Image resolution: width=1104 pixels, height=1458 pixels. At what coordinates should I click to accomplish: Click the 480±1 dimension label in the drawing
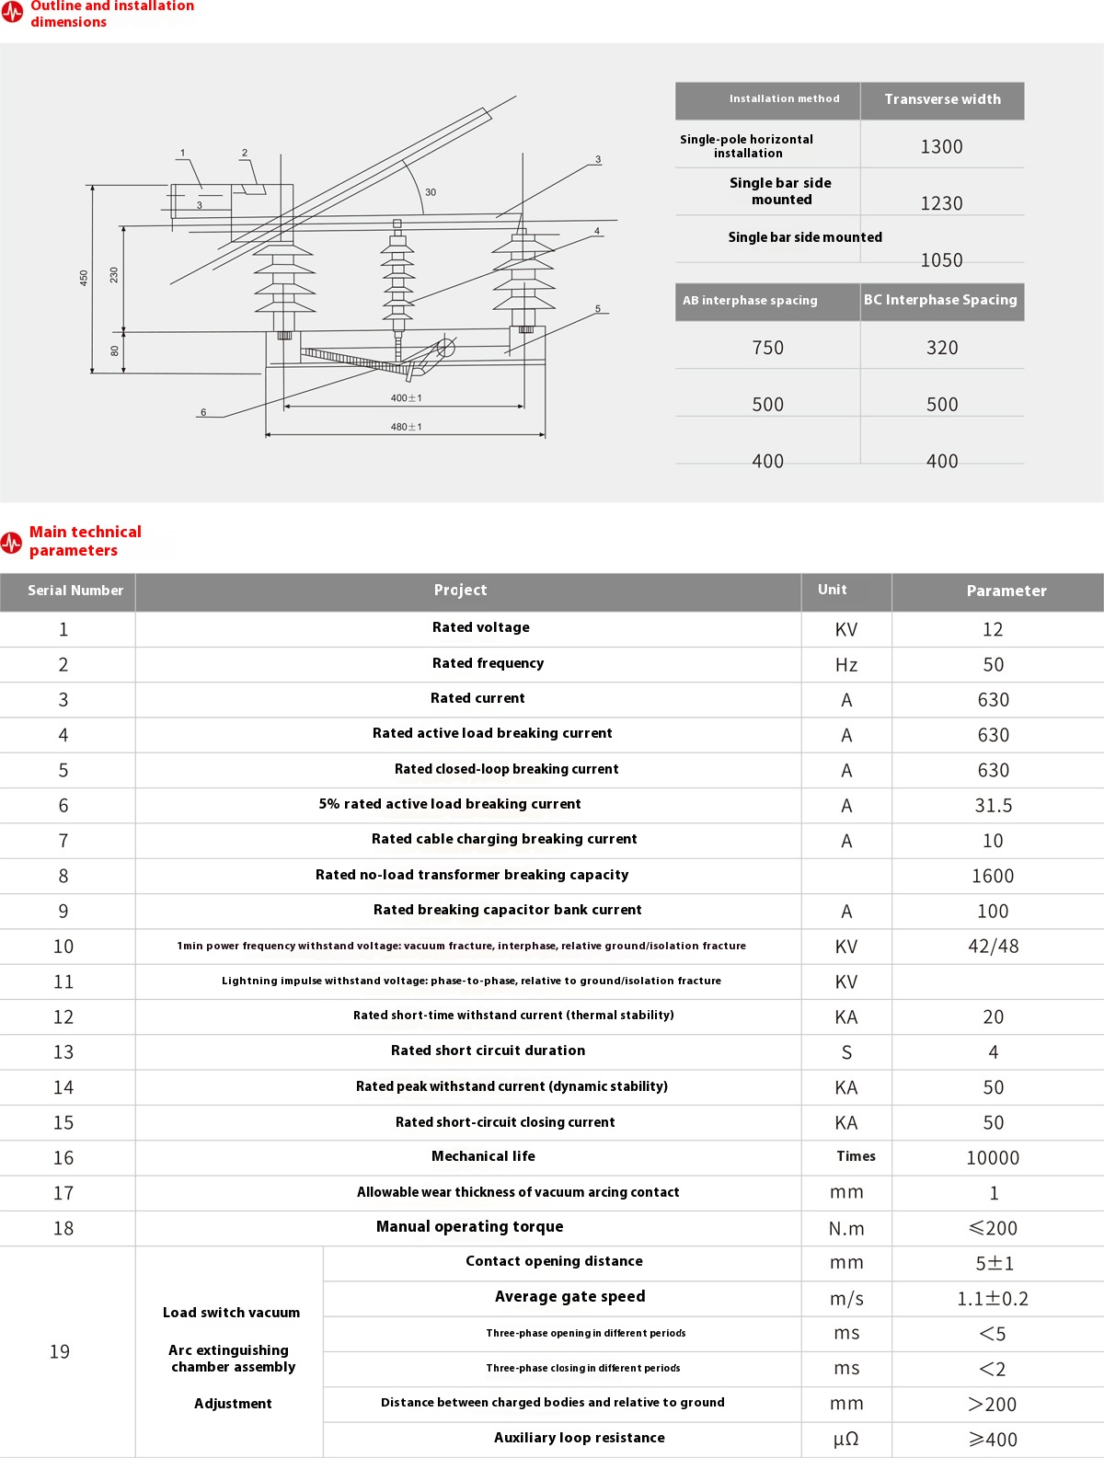pyautogui.click(x=406, y=427)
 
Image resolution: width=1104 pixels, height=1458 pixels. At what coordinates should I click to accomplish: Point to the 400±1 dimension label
pyautogui.click(x=406, y=398)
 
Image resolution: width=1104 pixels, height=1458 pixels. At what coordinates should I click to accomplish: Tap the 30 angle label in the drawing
pyautogui.click(x=431, y=192)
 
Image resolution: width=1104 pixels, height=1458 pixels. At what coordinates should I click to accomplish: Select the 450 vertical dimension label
pyautogui.click(x=84, y=278)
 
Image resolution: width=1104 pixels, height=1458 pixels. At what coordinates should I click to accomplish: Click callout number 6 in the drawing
pyautogui.click(x=203, y=412)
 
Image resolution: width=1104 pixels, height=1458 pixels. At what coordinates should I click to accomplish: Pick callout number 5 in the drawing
pyautogui.click(x=598, y=308)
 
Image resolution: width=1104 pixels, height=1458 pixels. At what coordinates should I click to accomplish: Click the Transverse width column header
pyautogui.click(x=943, y=99)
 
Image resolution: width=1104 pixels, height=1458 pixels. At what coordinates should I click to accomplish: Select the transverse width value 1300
pyautogui.click(x=941, y=146)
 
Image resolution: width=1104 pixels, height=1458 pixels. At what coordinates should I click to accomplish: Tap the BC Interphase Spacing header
pyautogui.click(x=940, y=300)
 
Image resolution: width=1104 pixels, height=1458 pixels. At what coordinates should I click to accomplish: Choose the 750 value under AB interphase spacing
pyautogui.click(x=768, y=348)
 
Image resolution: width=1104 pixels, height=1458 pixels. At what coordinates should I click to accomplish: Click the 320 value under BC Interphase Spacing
pyautogui.click(x=942, y=348)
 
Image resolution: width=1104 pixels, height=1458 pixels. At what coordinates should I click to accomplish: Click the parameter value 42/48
pyautogui.click(x=993, y=946)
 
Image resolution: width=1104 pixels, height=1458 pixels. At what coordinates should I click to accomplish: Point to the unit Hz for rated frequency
pyautogui.click(x=846, y=664)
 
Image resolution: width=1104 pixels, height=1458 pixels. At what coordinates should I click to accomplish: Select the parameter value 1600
pyautogui.click(x=993, y=876)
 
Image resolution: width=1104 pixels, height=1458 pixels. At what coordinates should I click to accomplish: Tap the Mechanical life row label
pyautogui.click(x=483, y=1155)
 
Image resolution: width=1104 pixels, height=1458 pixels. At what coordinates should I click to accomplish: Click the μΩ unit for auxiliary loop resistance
pyautogui.click(x=846, y=1439)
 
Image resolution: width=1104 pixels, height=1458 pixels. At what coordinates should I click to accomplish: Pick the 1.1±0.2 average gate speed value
pyautogui.click(x=993, y=1299)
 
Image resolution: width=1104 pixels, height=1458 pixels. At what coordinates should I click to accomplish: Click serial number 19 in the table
pyautogui.click(x=60, y=1351)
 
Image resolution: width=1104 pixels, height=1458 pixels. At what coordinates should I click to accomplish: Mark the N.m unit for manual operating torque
pyautogui.click(x=846, y=1229)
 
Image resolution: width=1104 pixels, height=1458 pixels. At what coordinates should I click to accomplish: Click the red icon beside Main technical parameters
pyautogui.click(x=11, y=543)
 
